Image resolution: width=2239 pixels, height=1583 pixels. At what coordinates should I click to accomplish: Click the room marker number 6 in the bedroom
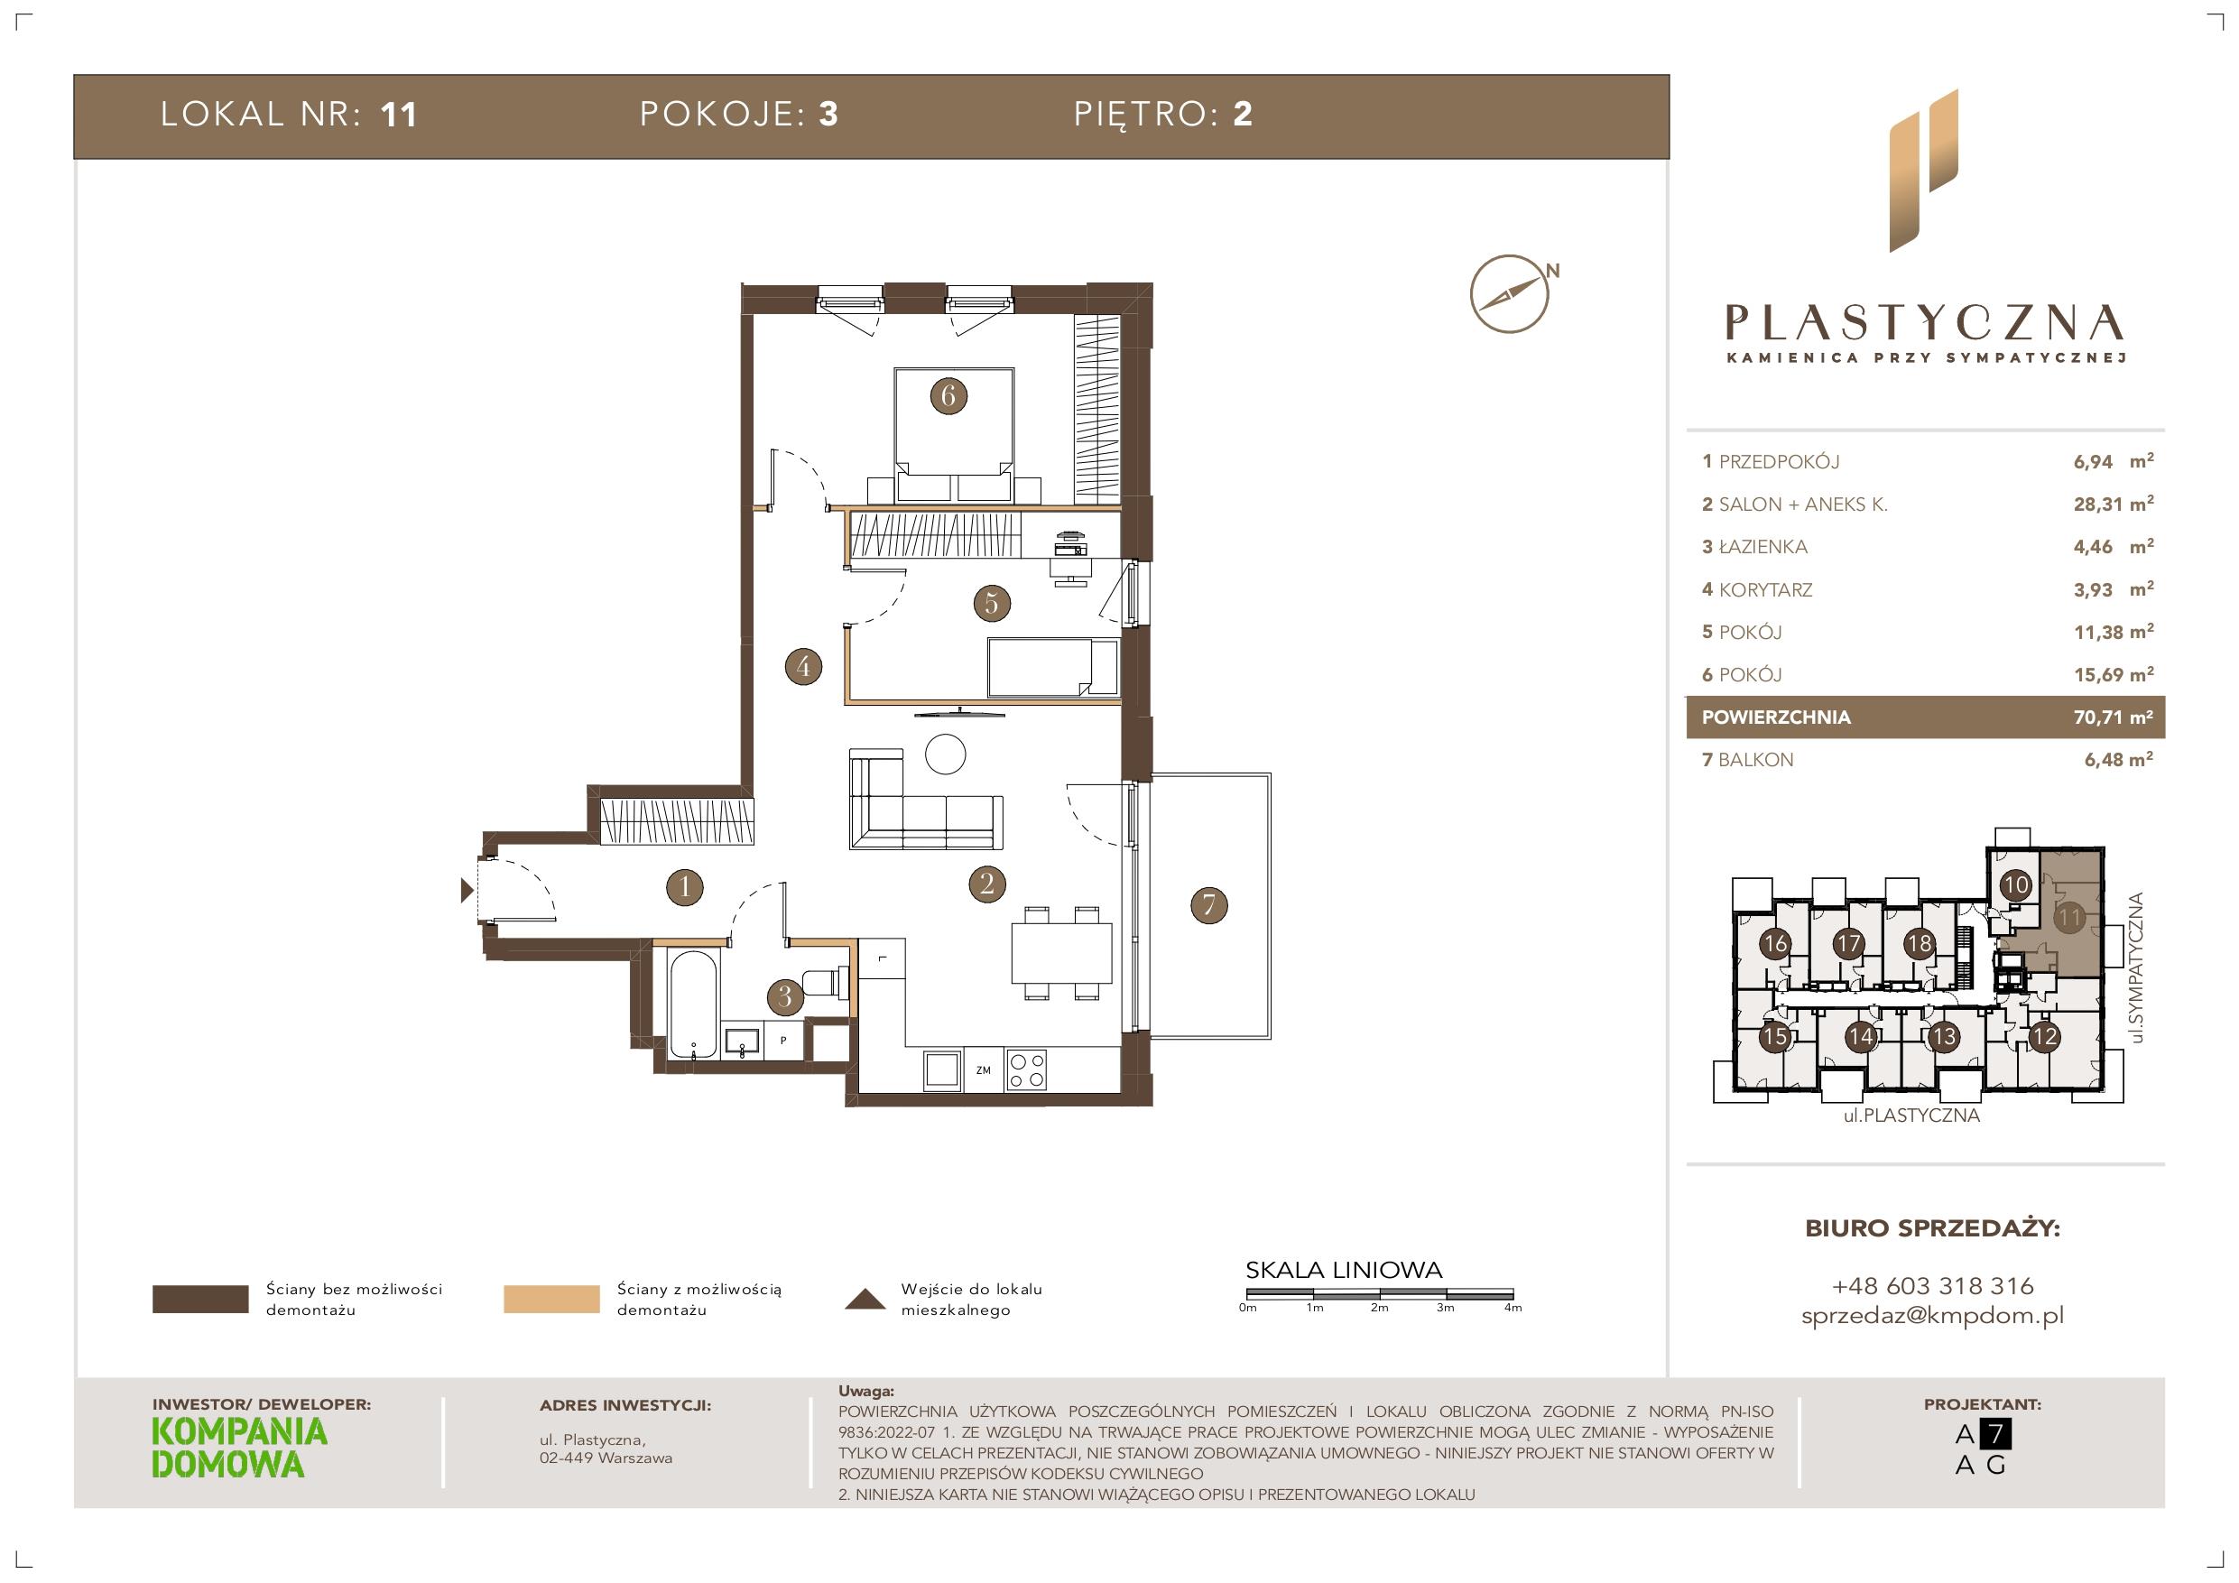[x=948, y=396]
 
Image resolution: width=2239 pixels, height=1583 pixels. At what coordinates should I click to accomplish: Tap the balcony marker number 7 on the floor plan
[x=1209, y=905]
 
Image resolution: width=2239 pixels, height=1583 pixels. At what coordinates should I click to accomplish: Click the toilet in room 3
[x=824, y=983]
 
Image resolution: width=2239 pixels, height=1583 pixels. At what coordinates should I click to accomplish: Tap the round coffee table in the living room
[x=945, y=754]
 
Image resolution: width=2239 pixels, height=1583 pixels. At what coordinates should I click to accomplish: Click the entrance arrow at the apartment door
[x=468, y=890]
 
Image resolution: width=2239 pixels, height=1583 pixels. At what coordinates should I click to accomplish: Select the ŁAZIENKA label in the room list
[x=1763, y=547]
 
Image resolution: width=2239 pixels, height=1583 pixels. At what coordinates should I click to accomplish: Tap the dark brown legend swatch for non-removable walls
[x=200, y=1300]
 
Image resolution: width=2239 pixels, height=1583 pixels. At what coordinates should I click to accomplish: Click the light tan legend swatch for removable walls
[x=551, y=1300]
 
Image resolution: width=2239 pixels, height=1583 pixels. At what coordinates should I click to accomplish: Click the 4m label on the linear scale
[x=1513, y=1308]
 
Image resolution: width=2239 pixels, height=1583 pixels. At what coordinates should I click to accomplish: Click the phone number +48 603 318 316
[x=1933, y=1285]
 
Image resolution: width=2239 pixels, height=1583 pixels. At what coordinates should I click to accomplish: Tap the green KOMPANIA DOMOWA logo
[x=240, y=1448]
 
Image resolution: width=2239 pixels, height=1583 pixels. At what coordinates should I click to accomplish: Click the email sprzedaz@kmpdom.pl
[x=1933, y=1316]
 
